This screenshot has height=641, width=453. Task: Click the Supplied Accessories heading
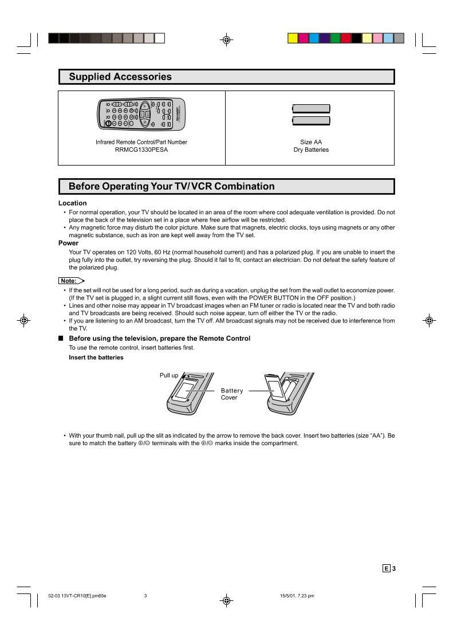tap(120, 77)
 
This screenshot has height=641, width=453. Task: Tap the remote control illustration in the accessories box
tap(141, 113)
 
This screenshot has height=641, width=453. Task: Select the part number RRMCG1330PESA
tap(141, 150)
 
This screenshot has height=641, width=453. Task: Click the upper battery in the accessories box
tap(311, 108)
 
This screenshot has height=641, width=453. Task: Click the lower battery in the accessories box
tap(311, 121)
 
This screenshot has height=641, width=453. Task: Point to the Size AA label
tap(311, 142)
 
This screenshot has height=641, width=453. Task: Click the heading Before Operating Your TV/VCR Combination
tap(171, 186)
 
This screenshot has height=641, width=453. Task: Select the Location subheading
tap(73, 203)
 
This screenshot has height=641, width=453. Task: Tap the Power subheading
tap(68, 243)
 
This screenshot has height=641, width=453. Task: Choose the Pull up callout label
tap(169, 376)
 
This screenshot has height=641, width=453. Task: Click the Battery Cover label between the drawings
tap(232, 394)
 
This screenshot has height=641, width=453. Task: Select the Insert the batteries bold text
tap(96, 357)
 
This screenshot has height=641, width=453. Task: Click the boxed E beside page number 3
tap(387, 568)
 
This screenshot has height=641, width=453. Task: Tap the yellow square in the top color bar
tap(292, 38)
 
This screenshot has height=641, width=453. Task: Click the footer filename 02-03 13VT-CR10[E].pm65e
tap(77, 596)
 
